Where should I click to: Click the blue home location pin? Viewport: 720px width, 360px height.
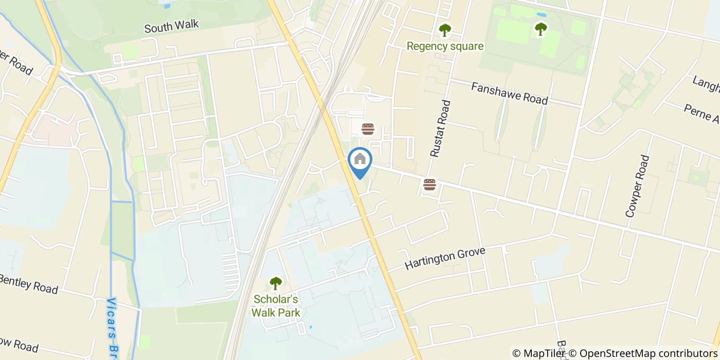360,163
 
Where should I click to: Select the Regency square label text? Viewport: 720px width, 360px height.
445,46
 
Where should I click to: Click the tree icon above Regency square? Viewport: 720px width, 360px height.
444,30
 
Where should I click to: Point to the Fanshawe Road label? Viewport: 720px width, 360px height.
509,93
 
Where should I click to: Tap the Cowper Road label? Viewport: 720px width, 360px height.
637,186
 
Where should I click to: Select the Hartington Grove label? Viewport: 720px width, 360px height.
445,257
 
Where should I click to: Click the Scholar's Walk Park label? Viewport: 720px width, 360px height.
276,306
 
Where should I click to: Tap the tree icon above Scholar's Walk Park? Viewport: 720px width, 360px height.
276,283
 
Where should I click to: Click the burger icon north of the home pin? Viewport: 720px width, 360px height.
368,129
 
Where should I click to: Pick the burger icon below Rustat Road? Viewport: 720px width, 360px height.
429,185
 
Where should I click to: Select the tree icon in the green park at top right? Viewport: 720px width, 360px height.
540,29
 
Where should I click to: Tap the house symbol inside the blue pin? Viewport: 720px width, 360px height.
360,158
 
